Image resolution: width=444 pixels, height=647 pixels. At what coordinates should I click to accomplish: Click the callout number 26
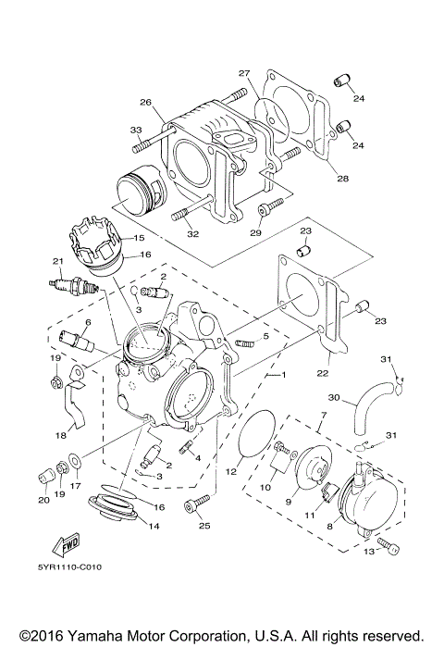(x=145, y=102)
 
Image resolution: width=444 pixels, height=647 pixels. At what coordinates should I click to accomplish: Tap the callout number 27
(x=244, y=73)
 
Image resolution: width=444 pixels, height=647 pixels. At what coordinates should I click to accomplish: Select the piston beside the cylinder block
(x=139, y=189)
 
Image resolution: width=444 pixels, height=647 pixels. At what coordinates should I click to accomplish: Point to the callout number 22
(x=323, y=373)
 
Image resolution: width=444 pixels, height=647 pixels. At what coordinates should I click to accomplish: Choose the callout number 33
(x=135, y=130)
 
